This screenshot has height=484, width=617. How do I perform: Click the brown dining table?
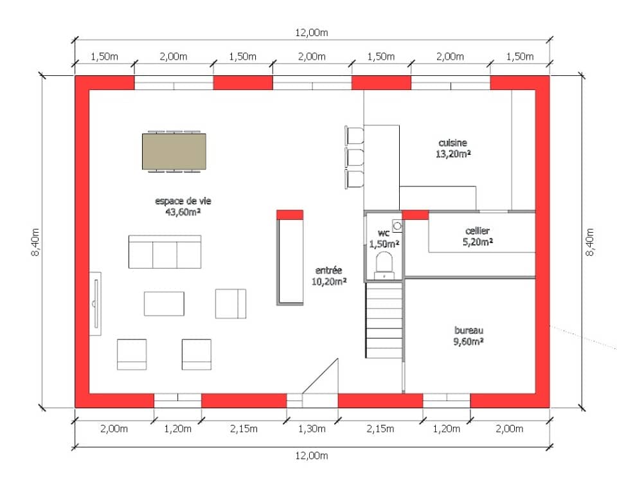click(174, 152)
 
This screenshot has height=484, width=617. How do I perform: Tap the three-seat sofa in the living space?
click(165, 252)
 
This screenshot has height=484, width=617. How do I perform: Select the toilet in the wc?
click(384, 265)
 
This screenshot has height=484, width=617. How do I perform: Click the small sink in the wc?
click(397, 226)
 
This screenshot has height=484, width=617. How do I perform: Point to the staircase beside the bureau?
click(384, 320)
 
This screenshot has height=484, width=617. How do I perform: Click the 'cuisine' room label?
click(452, 143)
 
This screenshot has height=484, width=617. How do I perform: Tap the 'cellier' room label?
click(478, 231)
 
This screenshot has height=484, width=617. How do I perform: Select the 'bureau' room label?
click(469, 330)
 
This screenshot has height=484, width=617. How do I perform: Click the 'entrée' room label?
click(328, 271)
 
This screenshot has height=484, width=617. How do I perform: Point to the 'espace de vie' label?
click(183, 201)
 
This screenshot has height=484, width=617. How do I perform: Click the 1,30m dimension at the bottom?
click(312, 429)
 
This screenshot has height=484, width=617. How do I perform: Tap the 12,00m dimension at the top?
click(312, 33)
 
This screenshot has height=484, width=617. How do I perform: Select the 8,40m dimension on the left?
click(35, 242)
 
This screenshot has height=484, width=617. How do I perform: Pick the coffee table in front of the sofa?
click(164, 304)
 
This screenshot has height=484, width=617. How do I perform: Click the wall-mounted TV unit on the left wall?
click(95, 304)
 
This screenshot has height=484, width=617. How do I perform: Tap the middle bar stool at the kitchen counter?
click(355, 157)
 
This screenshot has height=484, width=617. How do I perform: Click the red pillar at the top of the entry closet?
click(290, 215)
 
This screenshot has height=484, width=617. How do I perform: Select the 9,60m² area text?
click(469, 341)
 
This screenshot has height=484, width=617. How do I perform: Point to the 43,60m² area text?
click(183, 212)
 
